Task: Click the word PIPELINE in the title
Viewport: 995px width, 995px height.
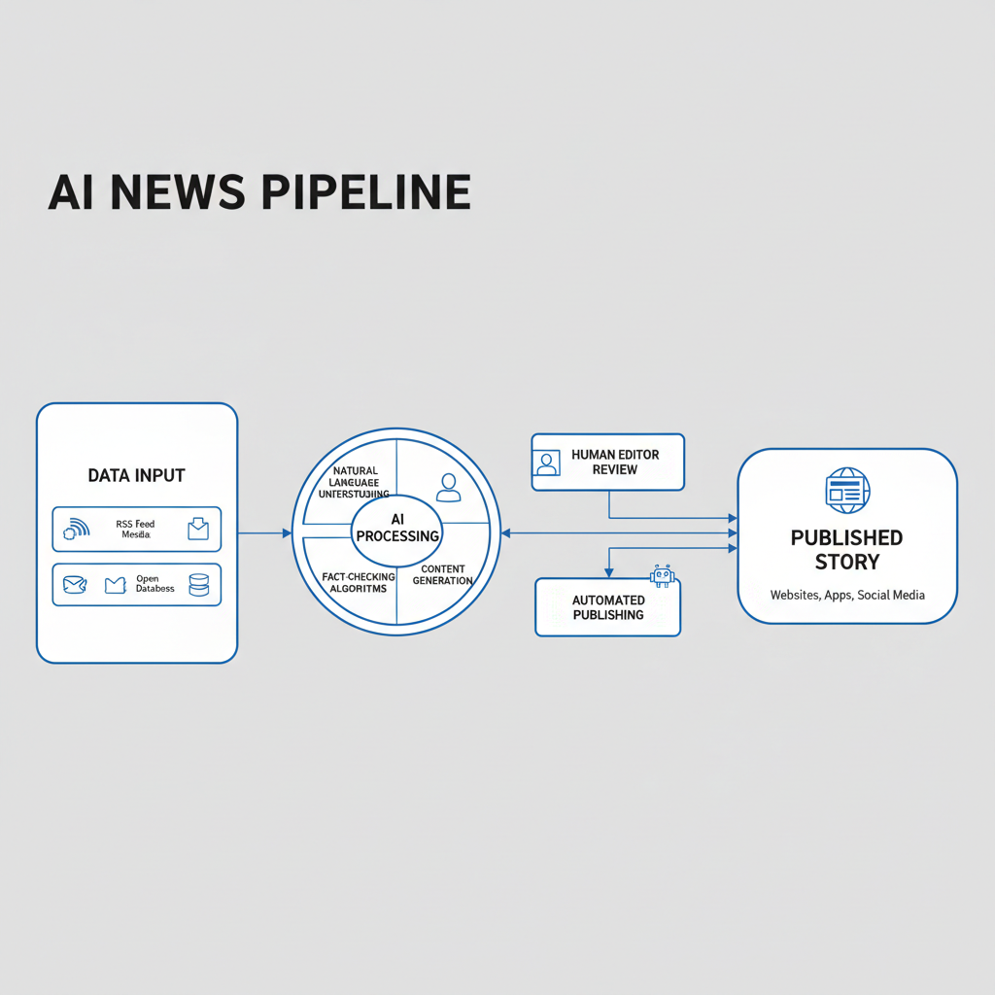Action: [366, 192]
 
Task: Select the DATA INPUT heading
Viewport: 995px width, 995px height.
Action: [136, 475]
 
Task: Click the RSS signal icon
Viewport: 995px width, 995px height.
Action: [76, 529]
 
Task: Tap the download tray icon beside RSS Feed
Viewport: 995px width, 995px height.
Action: [198, 529]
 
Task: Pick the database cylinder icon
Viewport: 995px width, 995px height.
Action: [198, 584]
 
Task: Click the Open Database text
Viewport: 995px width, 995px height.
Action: [155, 584]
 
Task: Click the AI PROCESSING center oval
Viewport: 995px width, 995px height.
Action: [397, 529]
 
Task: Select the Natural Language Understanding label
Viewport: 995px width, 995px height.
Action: [354, 482]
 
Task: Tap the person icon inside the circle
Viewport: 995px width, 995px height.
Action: [448, 487]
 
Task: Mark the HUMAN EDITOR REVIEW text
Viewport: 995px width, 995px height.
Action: [616, 462]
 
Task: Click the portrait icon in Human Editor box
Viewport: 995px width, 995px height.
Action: [548, 463]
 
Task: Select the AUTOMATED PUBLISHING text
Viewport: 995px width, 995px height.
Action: [608, 607]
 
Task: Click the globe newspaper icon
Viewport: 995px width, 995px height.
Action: [847, 491]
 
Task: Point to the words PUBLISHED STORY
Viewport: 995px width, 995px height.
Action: [846, 549]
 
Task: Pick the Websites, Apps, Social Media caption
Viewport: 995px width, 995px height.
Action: [847, 595]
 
